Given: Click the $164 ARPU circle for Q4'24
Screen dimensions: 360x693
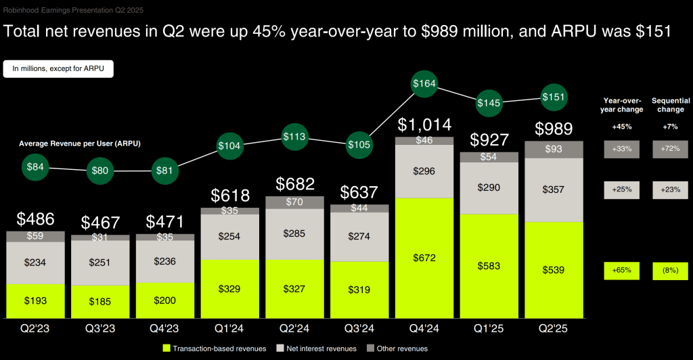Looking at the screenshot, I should [x=424, y=85].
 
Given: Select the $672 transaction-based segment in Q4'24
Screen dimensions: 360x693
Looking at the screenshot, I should [x=424, y=258].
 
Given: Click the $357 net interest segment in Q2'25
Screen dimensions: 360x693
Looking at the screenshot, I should [x=554, y=189].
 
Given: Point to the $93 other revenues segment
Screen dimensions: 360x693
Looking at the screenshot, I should [x=554, y=149].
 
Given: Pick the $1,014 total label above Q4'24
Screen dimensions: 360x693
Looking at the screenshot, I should [x=424, y=125].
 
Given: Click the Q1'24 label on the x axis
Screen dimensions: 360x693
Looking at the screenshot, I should [x=229, y=330].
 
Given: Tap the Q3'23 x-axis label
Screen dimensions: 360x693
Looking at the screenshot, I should [x=99, y=330].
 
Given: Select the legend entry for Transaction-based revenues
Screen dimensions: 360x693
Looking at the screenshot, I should [x=212, y=348].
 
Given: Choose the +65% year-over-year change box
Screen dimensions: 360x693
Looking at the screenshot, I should [x=621, y=271].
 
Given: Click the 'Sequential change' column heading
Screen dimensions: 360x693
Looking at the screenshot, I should [x=668, y=105].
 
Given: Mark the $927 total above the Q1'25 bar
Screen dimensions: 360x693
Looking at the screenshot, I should [x=489, y=140].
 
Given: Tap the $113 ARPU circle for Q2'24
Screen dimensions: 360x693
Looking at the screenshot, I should [x=294, y=135].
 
